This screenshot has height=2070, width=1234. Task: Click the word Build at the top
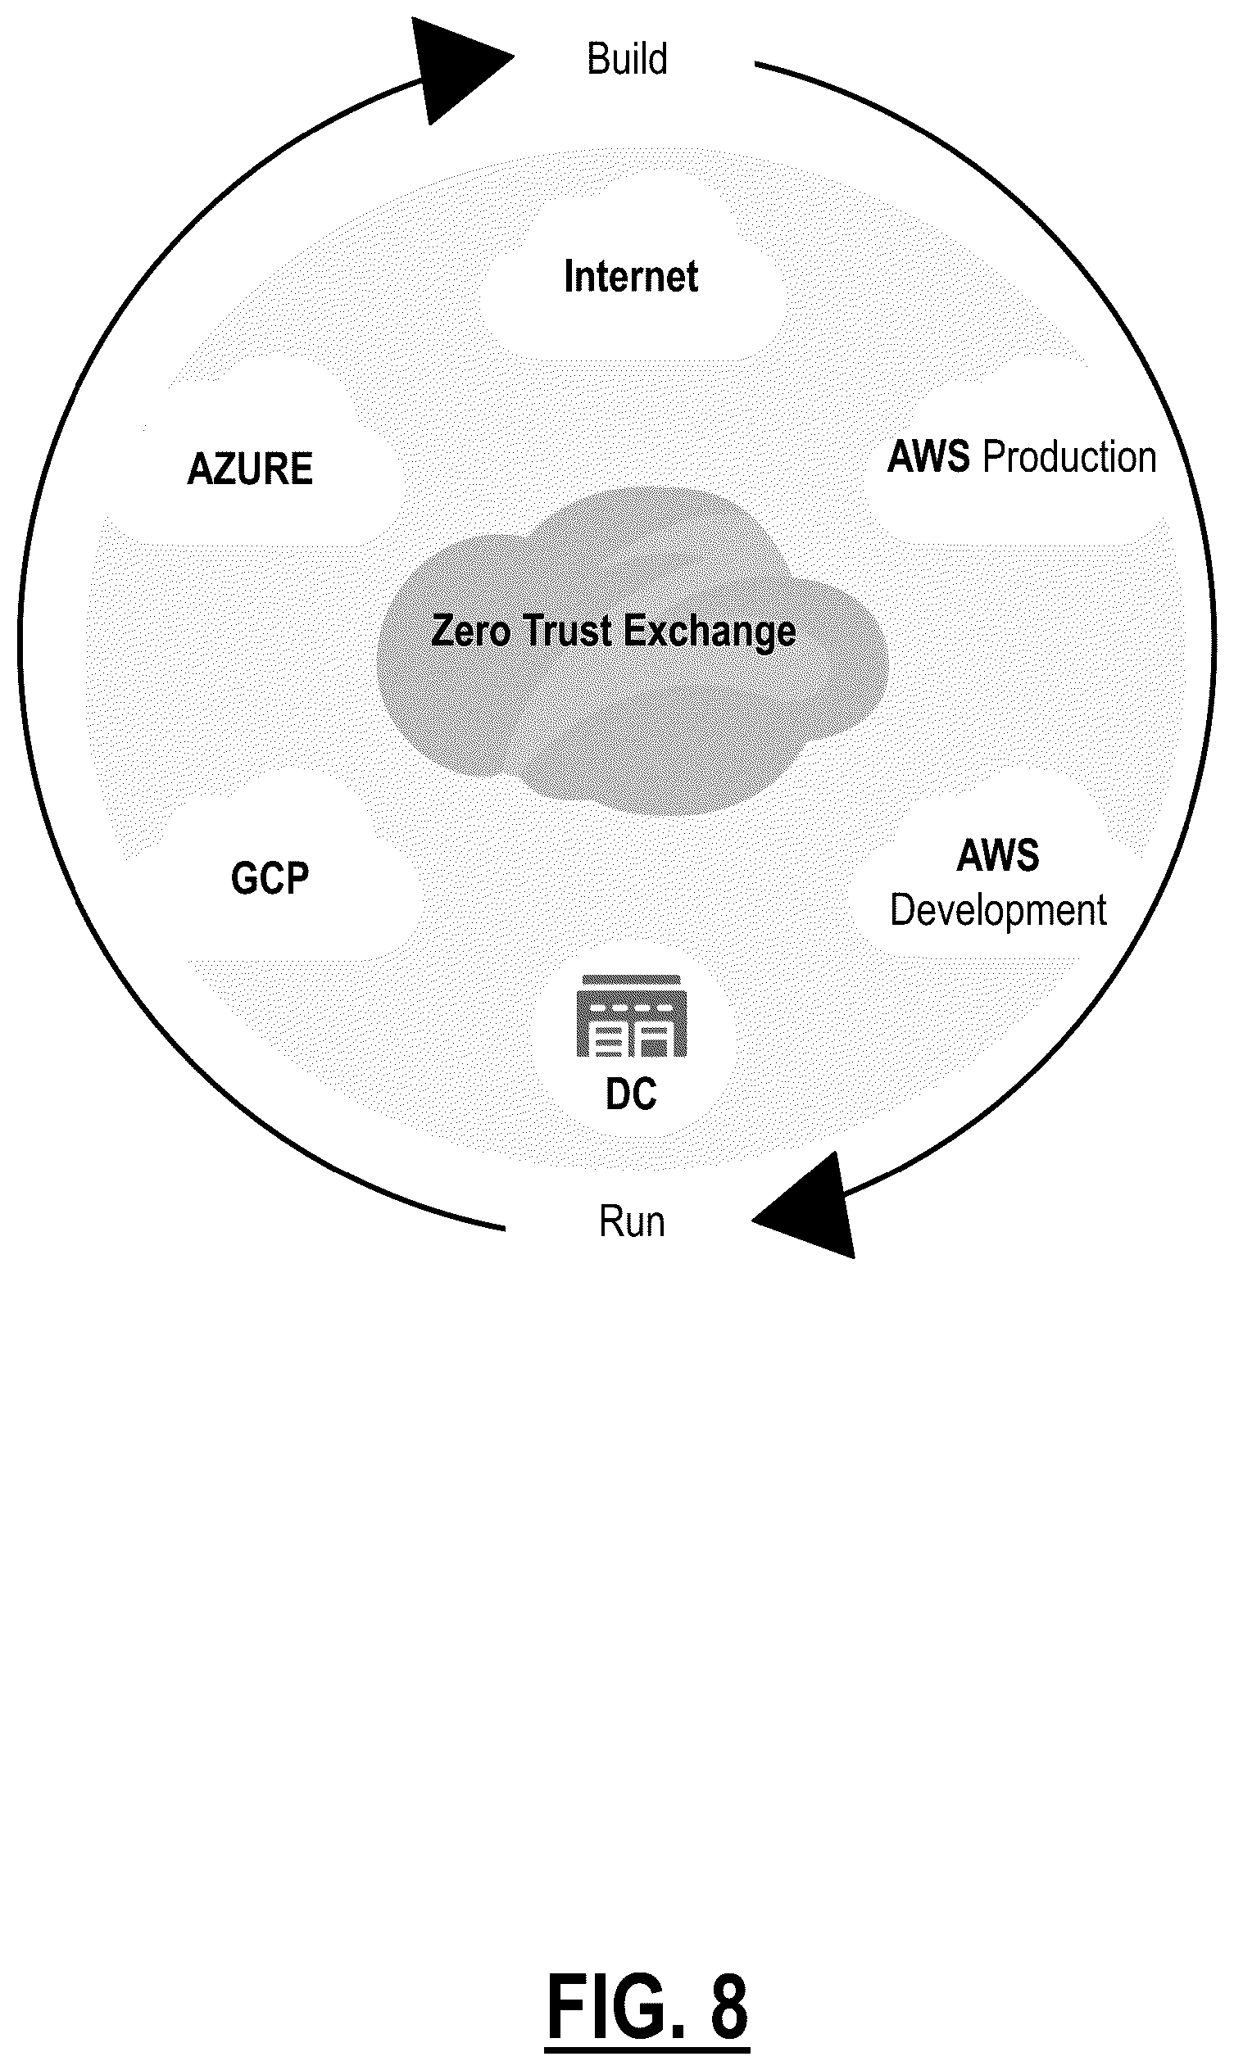(627, 59)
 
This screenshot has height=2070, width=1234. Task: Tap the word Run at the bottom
(632, 1222)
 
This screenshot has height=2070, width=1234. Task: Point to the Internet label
(631, 276)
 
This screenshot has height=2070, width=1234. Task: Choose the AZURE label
(250, 469)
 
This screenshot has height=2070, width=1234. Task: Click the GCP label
(270, 878)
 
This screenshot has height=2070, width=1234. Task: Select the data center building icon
(632, 1016)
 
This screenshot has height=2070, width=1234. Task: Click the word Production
(1069, 457)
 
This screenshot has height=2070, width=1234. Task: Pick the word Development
(998, 912)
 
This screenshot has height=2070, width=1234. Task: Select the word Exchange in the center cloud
(710, 632)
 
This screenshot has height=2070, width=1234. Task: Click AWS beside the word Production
(929, 457)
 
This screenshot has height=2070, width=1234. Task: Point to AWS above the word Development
(998, 855)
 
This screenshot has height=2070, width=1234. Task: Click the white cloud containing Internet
(632, 270)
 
